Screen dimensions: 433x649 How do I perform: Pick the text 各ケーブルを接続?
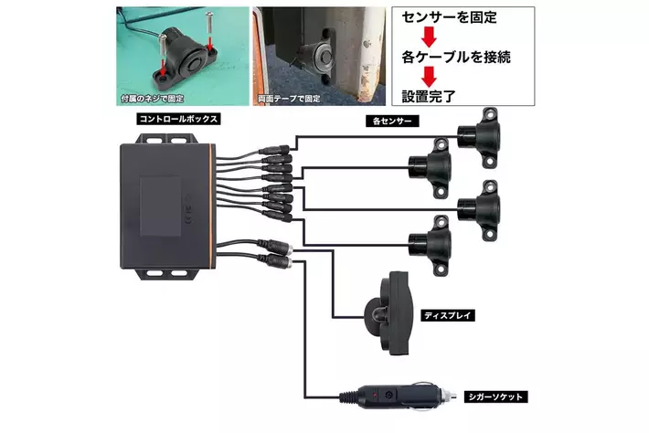pyautogui.click(x=455, y=58)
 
